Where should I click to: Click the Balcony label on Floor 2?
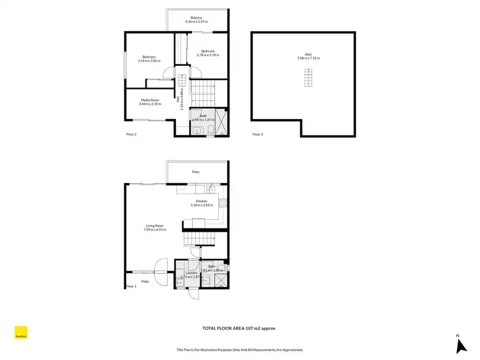[x=197, y=19]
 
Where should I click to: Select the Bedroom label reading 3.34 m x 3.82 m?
[x=150, y=59]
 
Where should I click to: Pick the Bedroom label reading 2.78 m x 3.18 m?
[x=207, y=53]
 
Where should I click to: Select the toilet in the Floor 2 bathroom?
[x=211, y=132]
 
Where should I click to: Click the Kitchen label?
[x=202, y=203]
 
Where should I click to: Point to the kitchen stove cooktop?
[x=223, y=203]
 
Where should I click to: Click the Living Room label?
[x=155, y=227]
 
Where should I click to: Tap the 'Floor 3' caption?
[x=257, y=134]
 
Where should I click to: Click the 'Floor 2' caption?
[x=131, y=134]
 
